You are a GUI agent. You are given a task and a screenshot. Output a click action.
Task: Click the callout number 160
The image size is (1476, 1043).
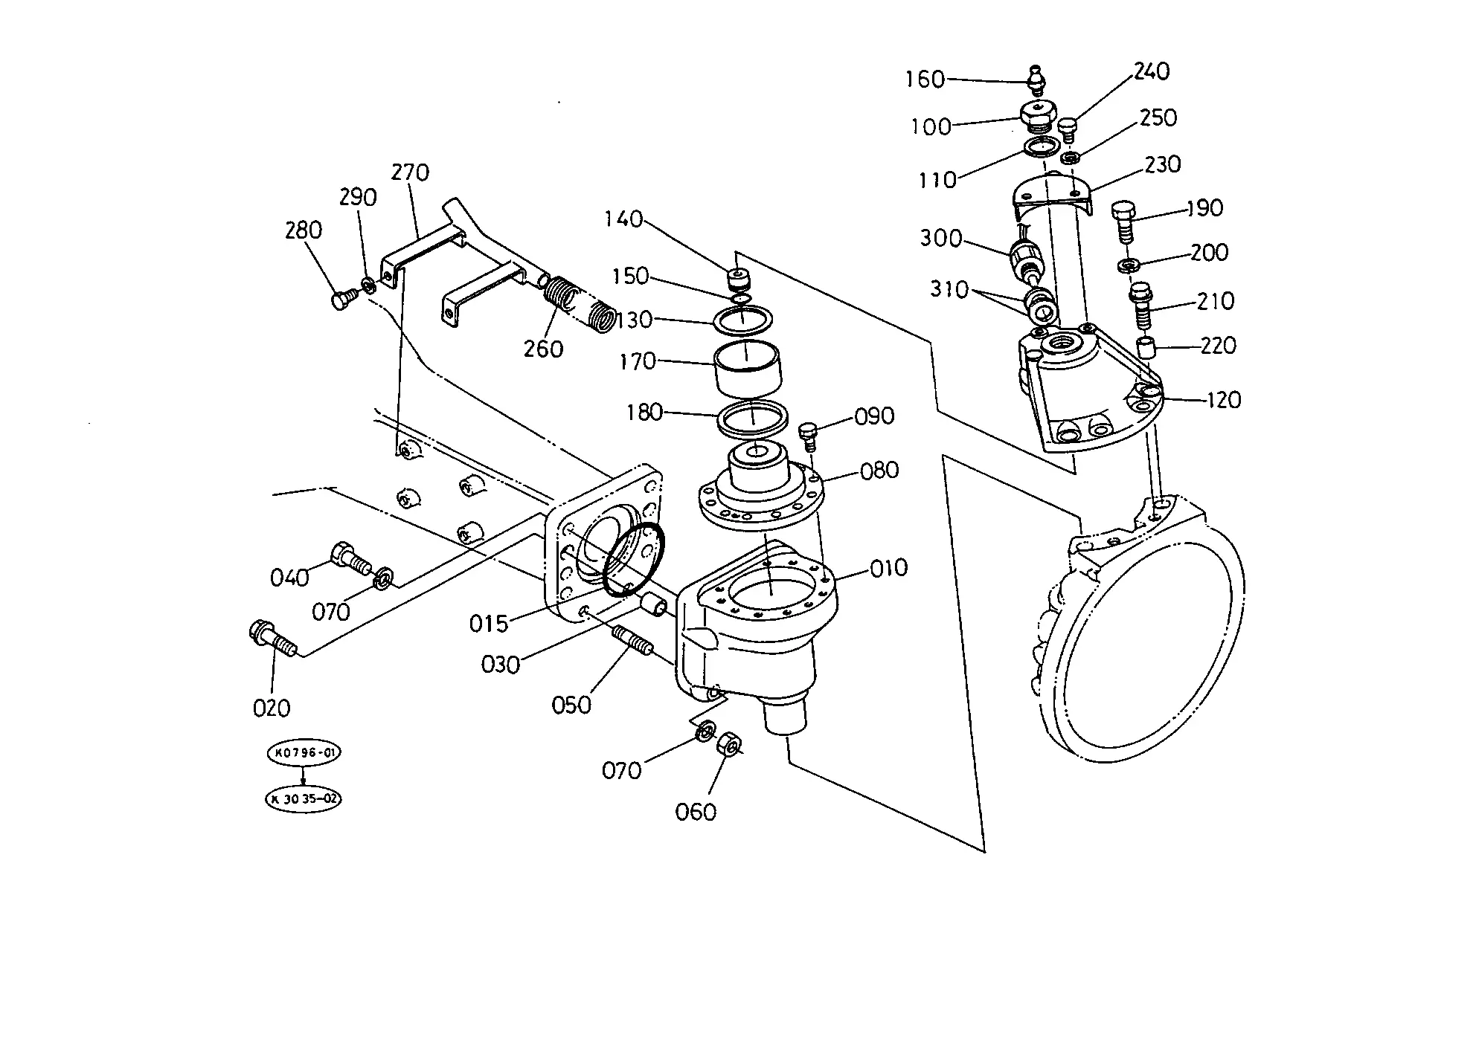(x=925, y=80)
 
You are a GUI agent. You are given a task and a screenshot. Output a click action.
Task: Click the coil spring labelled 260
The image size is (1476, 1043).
(x=578, y=303)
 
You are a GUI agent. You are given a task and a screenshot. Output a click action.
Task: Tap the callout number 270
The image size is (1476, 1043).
(x=410, y=172)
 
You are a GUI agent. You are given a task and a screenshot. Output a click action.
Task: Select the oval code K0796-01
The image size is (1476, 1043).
(x=304, y=753)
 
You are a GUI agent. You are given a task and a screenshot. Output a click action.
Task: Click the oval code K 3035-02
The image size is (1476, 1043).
(x=304, y=799)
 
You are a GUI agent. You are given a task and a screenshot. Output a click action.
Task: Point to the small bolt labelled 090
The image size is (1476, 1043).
(x=809, y=436)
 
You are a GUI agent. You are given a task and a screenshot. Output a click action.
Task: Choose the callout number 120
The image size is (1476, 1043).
(x=1223, y=400)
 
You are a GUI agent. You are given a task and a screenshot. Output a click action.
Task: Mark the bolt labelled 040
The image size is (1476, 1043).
(x=351, y=558)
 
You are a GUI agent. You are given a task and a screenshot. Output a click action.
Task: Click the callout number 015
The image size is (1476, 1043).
(x=489, y=623)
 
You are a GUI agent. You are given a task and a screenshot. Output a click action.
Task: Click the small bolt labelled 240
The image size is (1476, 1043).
(x=1068, y=131)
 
